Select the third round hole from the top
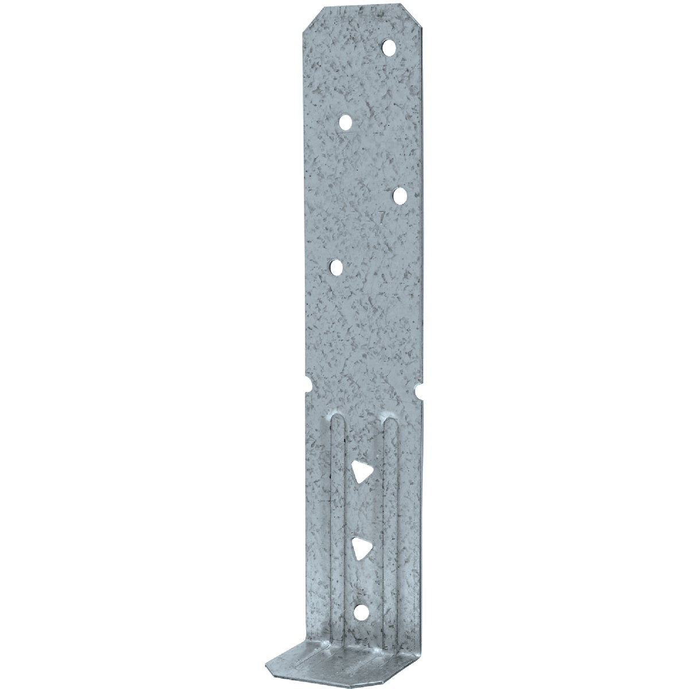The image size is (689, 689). click(x=400, y=196)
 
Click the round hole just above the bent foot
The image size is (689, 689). click(x=360, y=597)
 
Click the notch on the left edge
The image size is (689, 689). click(x=307, y=381)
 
